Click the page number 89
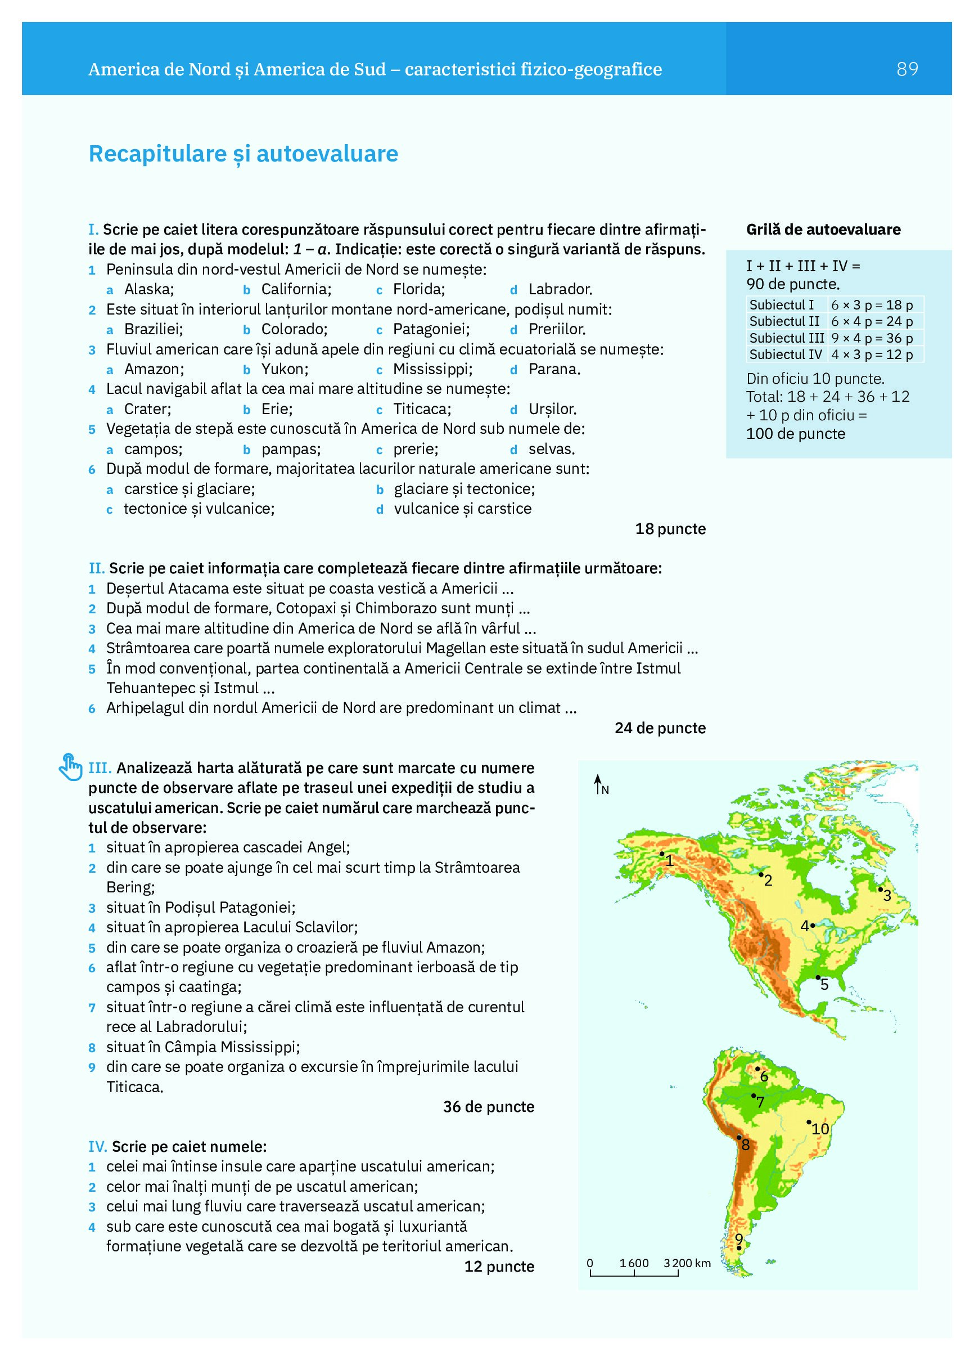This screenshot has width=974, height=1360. pyautogui.click(x=907, y=69)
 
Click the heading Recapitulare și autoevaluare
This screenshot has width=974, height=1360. pyautogui.click(x=243, y=154)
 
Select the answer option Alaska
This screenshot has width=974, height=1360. pyautogui.click(x=148, y=289)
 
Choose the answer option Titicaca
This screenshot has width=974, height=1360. pyautogui.click(x=421, y=409)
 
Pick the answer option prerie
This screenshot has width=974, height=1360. pyautogui.click(x=415, y=449)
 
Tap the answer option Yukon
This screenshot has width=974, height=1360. pyautogui.click(x=284, y=369)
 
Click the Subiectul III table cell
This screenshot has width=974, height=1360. pyautogui.click(x=786, y=338)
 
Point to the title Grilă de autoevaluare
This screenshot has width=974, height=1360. pyautogui.click(x=823, y=229)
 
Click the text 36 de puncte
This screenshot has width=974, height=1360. pyautogui.click(x=489, y=1106)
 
